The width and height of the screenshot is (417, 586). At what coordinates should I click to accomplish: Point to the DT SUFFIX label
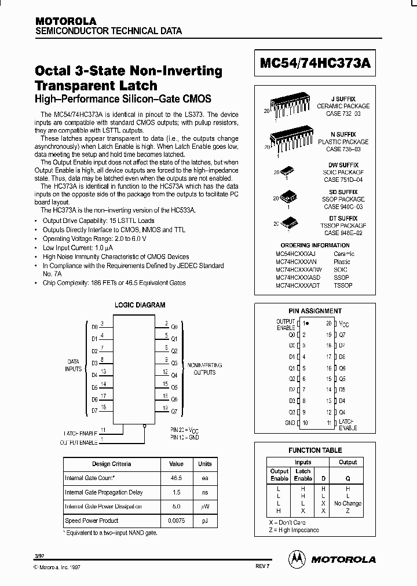[347, 218]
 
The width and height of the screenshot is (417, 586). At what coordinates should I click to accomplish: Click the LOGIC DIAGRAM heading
[140, 305]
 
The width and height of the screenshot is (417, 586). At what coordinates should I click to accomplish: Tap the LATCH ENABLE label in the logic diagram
[81, 433]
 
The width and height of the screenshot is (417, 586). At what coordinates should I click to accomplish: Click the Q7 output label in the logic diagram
[174, 411]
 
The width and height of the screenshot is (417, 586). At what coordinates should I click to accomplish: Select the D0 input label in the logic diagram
[94, 327]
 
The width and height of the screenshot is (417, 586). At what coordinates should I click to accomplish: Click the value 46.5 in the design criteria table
[176, 478]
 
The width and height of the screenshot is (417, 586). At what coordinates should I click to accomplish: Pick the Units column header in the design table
[205, 464]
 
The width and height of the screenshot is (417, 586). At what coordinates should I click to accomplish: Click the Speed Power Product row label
[92, 521]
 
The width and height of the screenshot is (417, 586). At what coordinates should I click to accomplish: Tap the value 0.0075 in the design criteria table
[176, 521]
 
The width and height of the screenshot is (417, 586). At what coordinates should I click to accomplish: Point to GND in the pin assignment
[290, 423]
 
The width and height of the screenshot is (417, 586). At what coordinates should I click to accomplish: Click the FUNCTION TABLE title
[315, 450]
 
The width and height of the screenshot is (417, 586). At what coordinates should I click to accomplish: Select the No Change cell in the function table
[348, 503]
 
